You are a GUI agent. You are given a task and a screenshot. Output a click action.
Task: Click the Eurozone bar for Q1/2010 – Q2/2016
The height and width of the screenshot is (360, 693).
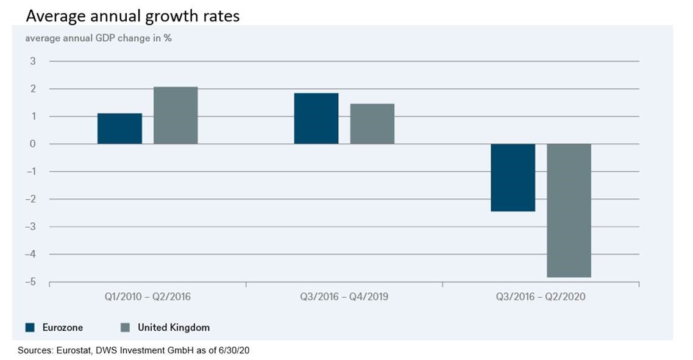click(119, 129)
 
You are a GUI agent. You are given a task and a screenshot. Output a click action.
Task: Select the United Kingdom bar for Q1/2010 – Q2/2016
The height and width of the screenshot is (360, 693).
click(176, 115)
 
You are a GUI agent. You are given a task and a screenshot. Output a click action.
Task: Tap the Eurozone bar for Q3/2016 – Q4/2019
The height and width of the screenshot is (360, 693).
click(316, 118)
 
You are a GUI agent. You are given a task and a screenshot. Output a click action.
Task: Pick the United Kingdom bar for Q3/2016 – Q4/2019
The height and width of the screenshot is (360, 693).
click(372, 124)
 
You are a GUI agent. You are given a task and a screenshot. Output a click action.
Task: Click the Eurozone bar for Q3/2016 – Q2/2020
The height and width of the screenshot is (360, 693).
click(513, 177)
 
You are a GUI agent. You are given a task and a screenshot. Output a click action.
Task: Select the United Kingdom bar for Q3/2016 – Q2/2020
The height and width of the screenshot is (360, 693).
click(569, 210)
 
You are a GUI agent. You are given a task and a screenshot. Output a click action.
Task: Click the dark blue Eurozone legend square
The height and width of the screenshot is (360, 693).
click(30, 328)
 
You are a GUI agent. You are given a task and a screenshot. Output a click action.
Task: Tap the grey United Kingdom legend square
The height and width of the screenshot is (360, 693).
click(125, 328)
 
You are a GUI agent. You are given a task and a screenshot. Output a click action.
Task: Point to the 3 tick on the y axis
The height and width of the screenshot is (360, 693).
click(33, 61)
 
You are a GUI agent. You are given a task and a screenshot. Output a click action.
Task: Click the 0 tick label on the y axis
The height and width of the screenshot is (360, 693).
click(33, 144)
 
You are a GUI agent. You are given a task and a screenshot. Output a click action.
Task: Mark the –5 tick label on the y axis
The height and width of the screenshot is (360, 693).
click(30, 282)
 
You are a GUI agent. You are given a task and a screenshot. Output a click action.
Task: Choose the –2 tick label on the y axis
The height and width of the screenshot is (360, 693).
click(30, 199)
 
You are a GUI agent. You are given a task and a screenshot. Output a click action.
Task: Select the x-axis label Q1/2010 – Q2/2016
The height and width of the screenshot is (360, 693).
click(147, 298)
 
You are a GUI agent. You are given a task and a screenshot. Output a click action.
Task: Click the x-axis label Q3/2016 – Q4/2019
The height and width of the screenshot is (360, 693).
click(344, 298)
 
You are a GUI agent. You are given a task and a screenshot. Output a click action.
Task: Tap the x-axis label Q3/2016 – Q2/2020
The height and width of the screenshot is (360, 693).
click(541, 298)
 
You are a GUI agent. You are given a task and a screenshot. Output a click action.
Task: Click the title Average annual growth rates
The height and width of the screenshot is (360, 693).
click(132, 16)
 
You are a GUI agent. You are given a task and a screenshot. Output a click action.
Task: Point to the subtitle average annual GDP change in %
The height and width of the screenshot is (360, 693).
click(98, 38)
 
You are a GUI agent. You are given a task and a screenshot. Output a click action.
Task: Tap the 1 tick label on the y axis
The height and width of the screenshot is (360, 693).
click(33, 116)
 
